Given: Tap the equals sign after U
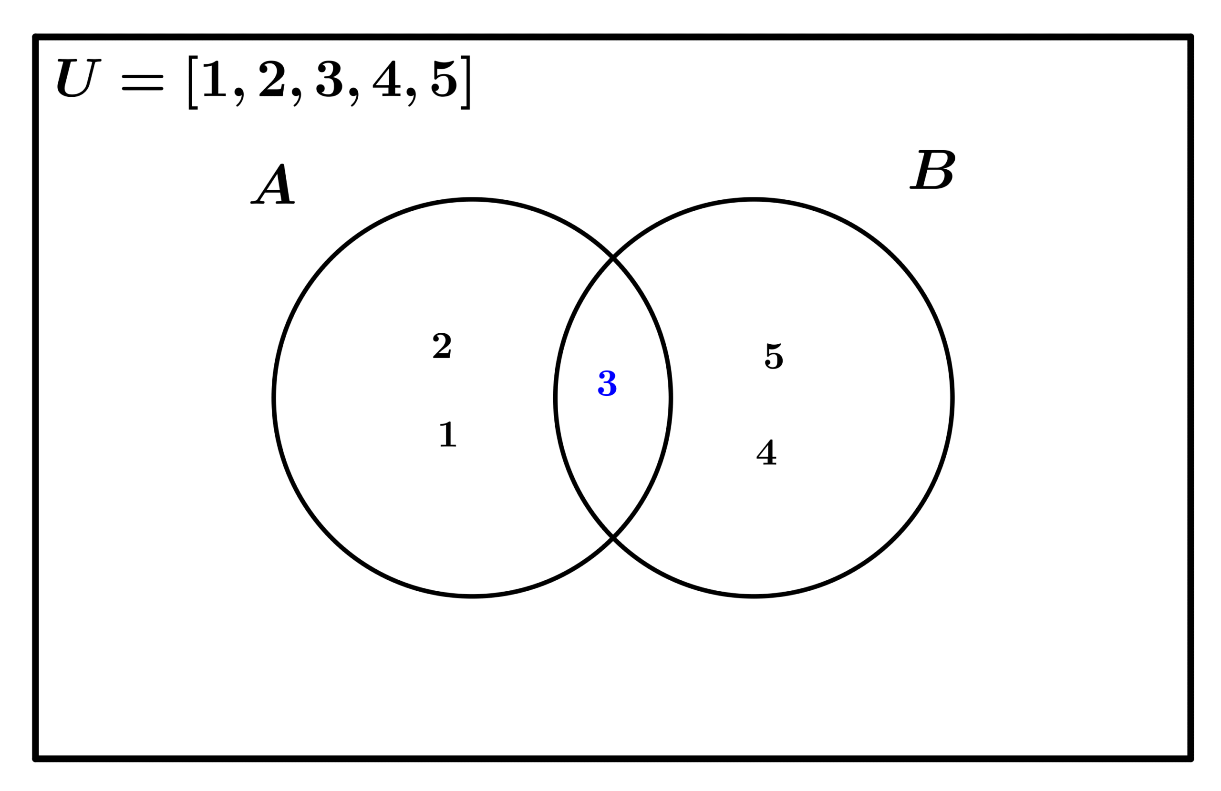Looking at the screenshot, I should [x=142, y=82].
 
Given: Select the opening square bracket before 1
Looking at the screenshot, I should [x=193, y=82].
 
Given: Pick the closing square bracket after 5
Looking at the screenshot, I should [x=466, y=82].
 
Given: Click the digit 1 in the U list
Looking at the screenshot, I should [x=215, y=79].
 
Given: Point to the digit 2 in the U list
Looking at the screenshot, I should [x=272, y=79].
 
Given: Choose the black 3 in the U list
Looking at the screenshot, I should [x=329, y=79].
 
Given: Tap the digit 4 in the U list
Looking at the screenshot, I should [x=387, y=79].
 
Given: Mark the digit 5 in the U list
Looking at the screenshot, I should [x=444, y=79].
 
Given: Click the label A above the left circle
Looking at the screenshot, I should [x=272, y=184].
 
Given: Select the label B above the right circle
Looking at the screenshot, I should [x=932, y=169].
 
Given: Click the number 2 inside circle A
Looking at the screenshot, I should [x=442, y=345].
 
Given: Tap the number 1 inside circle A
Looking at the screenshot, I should [x=448, y=434].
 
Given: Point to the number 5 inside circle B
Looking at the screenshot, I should [x=774, y=356].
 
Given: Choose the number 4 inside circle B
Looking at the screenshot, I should [x=766, y=452].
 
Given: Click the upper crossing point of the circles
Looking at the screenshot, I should [x=613, y=257].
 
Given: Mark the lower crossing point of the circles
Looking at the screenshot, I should [x=613, y=538].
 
